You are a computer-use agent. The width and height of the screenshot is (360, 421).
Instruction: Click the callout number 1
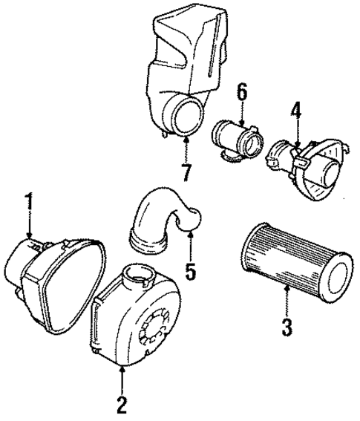tap(30, 200)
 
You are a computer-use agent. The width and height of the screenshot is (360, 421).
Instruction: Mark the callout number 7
tap(185, 173)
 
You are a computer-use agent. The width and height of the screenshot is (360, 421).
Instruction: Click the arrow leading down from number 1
tap(30, 226)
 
